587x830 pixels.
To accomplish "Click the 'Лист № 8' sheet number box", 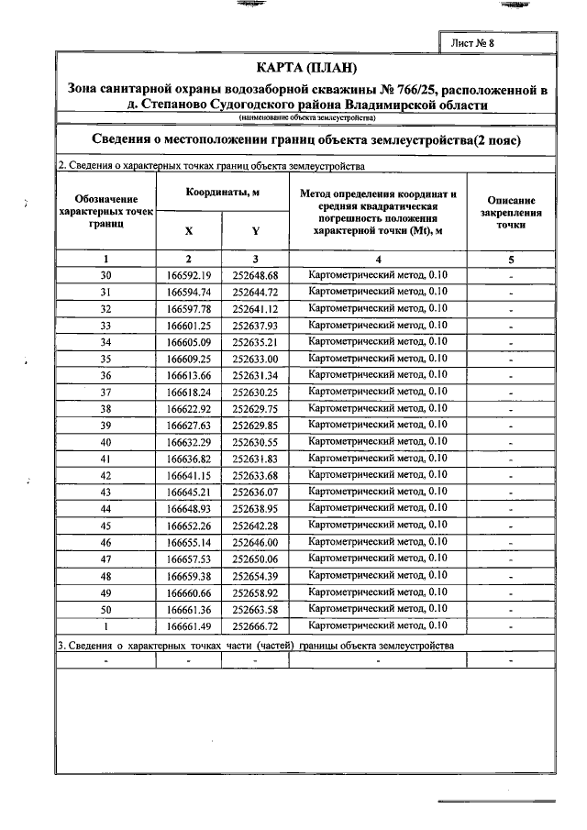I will click(x=479, y=43).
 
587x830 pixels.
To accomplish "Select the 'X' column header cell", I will click(x=188, y=231).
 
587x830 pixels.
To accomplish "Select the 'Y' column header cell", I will click(x=255, y=231).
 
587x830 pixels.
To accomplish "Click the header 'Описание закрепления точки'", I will click(x=511, y=212).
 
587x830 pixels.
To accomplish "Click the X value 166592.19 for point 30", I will click(x=188, y=275).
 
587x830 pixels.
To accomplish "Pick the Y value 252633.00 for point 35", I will click(x=255, y=359).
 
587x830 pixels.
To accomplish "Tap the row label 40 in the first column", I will click(x=106, y=442).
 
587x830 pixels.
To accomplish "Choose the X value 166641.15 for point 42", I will click(x=188, y=475).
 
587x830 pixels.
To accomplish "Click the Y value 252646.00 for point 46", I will click(x=255, y=542).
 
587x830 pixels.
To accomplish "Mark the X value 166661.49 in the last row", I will click(x=188, y=625).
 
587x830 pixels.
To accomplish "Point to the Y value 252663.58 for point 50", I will click(x=255, y=609).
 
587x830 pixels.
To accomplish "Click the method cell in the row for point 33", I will click(x=378, y=325).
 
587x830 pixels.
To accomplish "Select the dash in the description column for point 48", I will click(x=511, y=576).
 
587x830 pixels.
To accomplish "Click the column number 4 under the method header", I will click(x=378, y=259).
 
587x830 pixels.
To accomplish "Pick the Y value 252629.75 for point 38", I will click(x=255, y=408).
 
